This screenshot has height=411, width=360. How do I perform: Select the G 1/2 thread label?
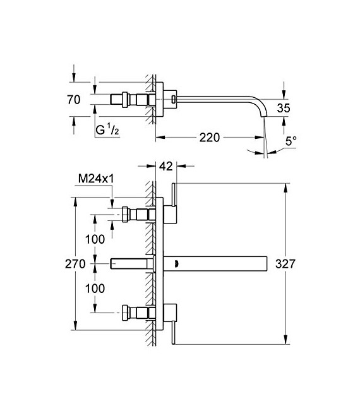pyautogui.click(x=107, y=131)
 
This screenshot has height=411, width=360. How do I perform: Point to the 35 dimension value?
pyautogui.click(x=284, y=108)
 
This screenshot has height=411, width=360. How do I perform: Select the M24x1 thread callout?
pyautogui.click(x=95, y=180)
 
